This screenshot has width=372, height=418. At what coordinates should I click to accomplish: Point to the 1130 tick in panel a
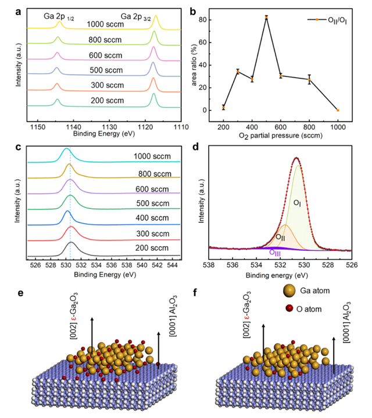109,124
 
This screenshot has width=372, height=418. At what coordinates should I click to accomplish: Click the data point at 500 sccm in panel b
266,17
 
